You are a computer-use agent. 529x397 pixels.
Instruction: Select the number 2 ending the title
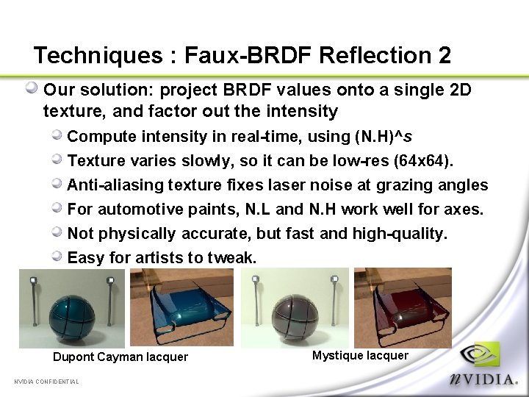coord(444,55)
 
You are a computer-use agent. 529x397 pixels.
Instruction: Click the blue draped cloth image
coord(182,307)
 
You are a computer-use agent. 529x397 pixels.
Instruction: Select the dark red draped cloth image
coord(403,307)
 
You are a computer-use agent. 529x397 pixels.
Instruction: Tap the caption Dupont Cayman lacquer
coord(120,357)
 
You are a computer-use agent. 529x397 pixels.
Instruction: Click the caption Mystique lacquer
coord(360,356)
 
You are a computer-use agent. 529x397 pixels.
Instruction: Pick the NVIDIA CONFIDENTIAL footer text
coord(46,382)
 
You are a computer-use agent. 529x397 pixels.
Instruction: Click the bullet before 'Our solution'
coord(32,89)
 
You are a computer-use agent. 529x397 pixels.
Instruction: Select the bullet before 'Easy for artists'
coord(57,257)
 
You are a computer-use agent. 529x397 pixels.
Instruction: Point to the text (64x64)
coord(428,160)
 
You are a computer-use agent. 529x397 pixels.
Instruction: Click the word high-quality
coord(411,233)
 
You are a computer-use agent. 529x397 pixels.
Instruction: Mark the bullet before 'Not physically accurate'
coord(57,232)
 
